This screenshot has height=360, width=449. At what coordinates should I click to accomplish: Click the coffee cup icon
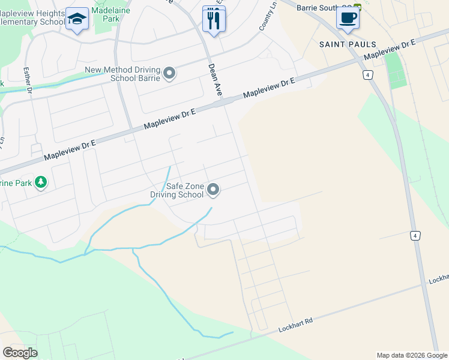tap(348, 17)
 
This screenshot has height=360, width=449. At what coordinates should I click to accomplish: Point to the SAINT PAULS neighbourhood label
tap(348, 44)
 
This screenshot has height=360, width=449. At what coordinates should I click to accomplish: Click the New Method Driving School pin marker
tap(169, 74)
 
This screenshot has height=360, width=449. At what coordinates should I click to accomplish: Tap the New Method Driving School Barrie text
tap(122, 74)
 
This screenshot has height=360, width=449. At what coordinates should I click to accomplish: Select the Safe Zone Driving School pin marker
tap(213, 190)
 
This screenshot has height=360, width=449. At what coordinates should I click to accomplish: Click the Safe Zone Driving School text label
tap(176, 190)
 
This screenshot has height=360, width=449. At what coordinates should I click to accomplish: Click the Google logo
tap(20, 353)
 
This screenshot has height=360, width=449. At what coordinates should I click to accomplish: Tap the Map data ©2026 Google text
tap(412, 355)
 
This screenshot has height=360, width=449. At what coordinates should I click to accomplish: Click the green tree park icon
tap(41, 182)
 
